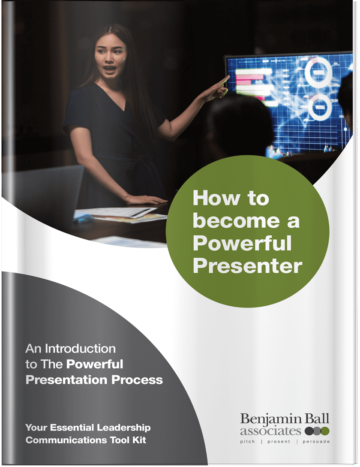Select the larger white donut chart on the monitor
click(318, 71)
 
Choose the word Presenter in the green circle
click(247, 266)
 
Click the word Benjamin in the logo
click(266, 419)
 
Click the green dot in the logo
click(325, 431)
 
